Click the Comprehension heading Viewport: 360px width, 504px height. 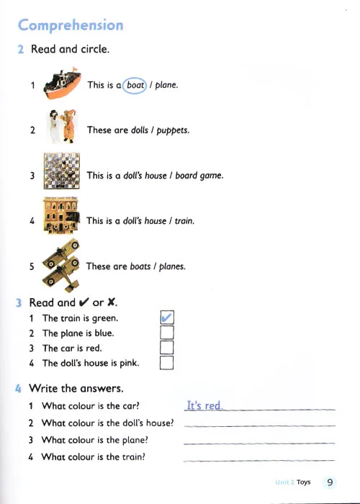[x=71, y=25]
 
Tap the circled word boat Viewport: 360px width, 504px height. [x=135, y=85]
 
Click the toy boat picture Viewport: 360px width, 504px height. [x=63, y=84]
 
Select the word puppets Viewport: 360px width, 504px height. [x=173, y=130]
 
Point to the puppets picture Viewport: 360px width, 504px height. [x=63, y=126]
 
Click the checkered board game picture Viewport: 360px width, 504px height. [x=62, y=171]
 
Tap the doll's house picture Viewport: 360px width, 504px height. [x=61, y=215]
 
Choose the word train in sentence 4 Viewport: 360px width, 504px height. [x=184, y=221]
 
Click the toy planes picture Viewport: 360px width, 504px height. [x=61, y=266]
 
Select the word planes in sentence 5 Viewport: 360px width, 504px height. [x=172, y=267]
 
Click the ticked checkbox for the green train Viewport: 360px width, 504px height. [x=167, y=318]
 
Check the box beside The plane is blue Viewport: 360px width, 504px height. [x=167, y=333]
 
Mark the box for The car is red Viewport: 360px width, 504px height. [x=166, y=348]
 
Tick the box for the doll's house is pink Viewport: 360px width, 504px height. [x=166, y=363]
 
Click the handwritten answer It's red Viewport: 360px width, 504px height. [x=204, y=405]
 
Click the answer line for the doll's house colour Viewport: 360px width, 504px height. [x=259, y=426]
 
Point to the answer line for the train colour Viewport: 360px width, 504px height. [x=259, y=461]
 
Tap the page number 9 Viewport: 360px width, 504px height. [x=330, y=482]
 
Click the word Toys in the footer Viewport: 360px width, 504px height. [x=303, y=482]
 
